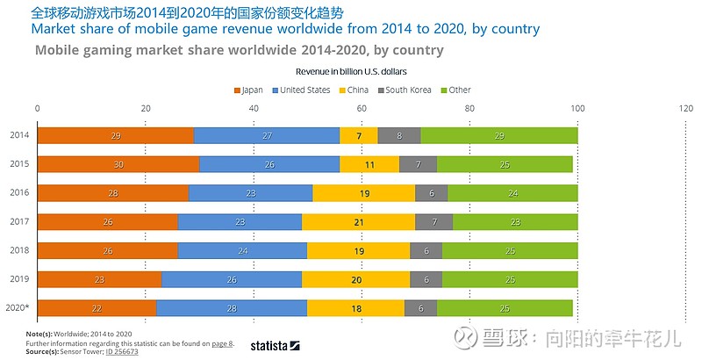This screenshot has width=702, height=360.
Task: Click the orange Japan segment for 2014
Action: pos(115,135)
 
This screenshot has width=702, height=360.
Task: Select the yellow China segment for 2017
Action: pos(358,222)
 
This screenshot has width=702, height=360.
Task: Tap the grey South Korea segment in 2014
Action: pos(399,135)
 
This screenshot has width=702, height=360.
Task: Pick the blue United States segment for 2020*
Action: pos(232,308)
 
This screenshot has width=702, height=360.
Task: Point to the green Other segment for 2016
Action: pos(512,193)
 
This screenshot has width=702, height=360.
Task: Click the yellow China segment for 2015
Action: pos(369,164)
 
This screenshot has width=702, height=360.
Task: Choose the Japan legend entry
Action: pos(248,90)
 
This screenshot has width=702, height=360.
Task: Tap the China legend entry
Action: pos(355,90)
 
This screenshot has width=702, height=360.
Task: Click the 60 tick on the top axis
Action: pos(362,108)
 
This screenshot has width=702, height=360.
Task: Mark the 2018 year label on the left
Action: pos(19,250)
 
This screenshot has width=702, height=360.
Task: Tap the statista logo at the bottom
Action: pos(275,345)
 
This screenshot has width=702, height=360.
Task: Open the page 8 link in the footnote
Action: pos(222,343)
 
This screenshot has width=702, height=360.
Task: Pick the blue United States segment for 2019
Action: pos(232,279)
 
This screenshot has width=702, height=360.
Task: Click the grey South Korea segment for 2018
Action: pos(426,250)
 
